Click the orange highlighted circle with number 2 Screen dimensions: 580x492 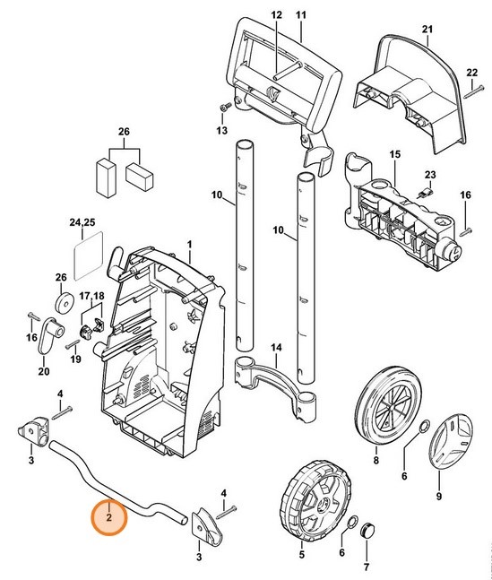tap(108, 516)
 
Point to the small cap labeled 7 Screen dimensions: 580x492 tap(365, 534)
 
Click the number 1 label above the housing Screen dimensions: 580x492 tap(189, 244)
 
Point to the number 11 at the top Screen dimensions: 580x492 tap(300, 15)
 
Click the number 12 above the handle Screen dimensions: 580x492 tap(276, 15)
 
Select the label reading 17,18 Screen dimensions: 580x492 tap(91, 295)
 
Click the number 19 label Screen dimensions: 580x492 tap(75, 359)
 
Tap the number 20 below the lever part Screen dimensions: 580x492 tap(43, 372)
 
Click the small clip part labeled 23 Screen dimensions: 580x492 tap(428, 190)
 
